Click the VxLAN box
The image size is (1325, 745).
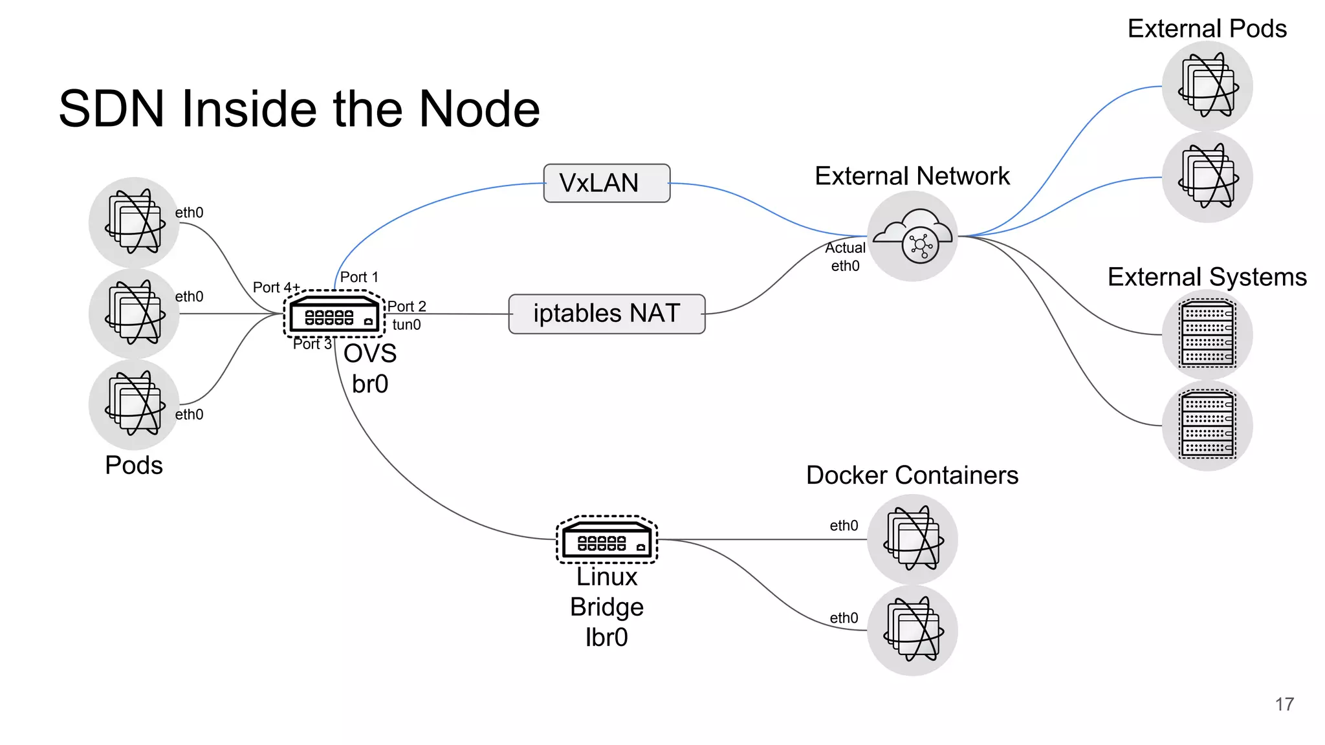[x=606, y=183]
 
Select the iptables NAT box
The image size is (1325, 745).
[x=606, y=314]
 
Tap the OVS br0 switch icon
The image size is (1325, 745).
[x=334, y=314]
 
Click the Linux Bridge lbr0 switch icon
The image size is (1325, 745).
[x=607, y=539]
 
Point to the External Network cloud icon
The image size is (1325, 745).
[x=912, y=236]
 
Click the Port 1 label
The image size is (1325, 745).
[x=359, y=277]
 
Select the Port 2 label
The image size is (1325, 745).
[x=407, y=306]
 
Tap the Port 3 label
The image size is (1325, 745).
[x=312, y=344]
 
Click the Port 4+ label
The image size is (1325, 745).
[x=276, y=287]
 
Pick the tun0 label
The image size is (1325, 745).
[x=406, y=325]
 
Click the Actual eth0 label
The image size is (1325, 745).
[x=845, y=257]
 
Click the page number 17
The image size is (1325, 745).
[x=1284, y=704]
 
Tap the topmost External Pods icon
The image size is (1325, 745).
[x=1207, y=86]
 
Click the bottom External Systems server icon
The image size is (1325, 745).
[x=1207, y=426]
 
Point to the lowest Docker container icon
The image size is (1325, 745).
[x=912, y=630]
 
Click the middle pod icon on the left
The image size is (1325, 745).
[x=134, y=314]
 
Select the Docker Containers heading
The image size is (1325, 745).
[x=912, y=475]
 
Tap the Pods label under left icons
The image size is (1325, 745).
[x=134, y=465]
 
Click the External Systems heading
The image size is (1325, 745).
[x=1207, y=277]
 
